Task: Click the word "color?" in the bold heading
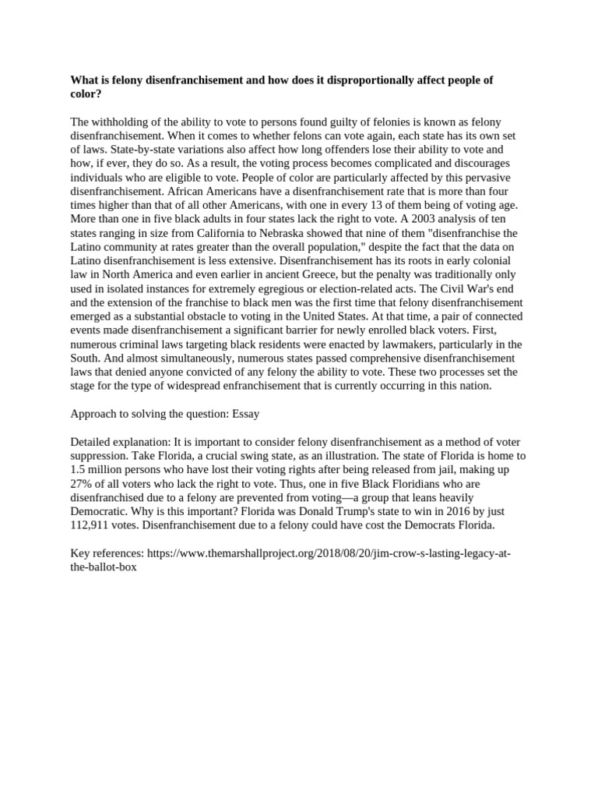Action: (86, 94)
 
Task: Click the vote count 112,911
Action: (91, 525)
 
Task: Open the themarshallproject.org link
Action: (328, 553)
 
